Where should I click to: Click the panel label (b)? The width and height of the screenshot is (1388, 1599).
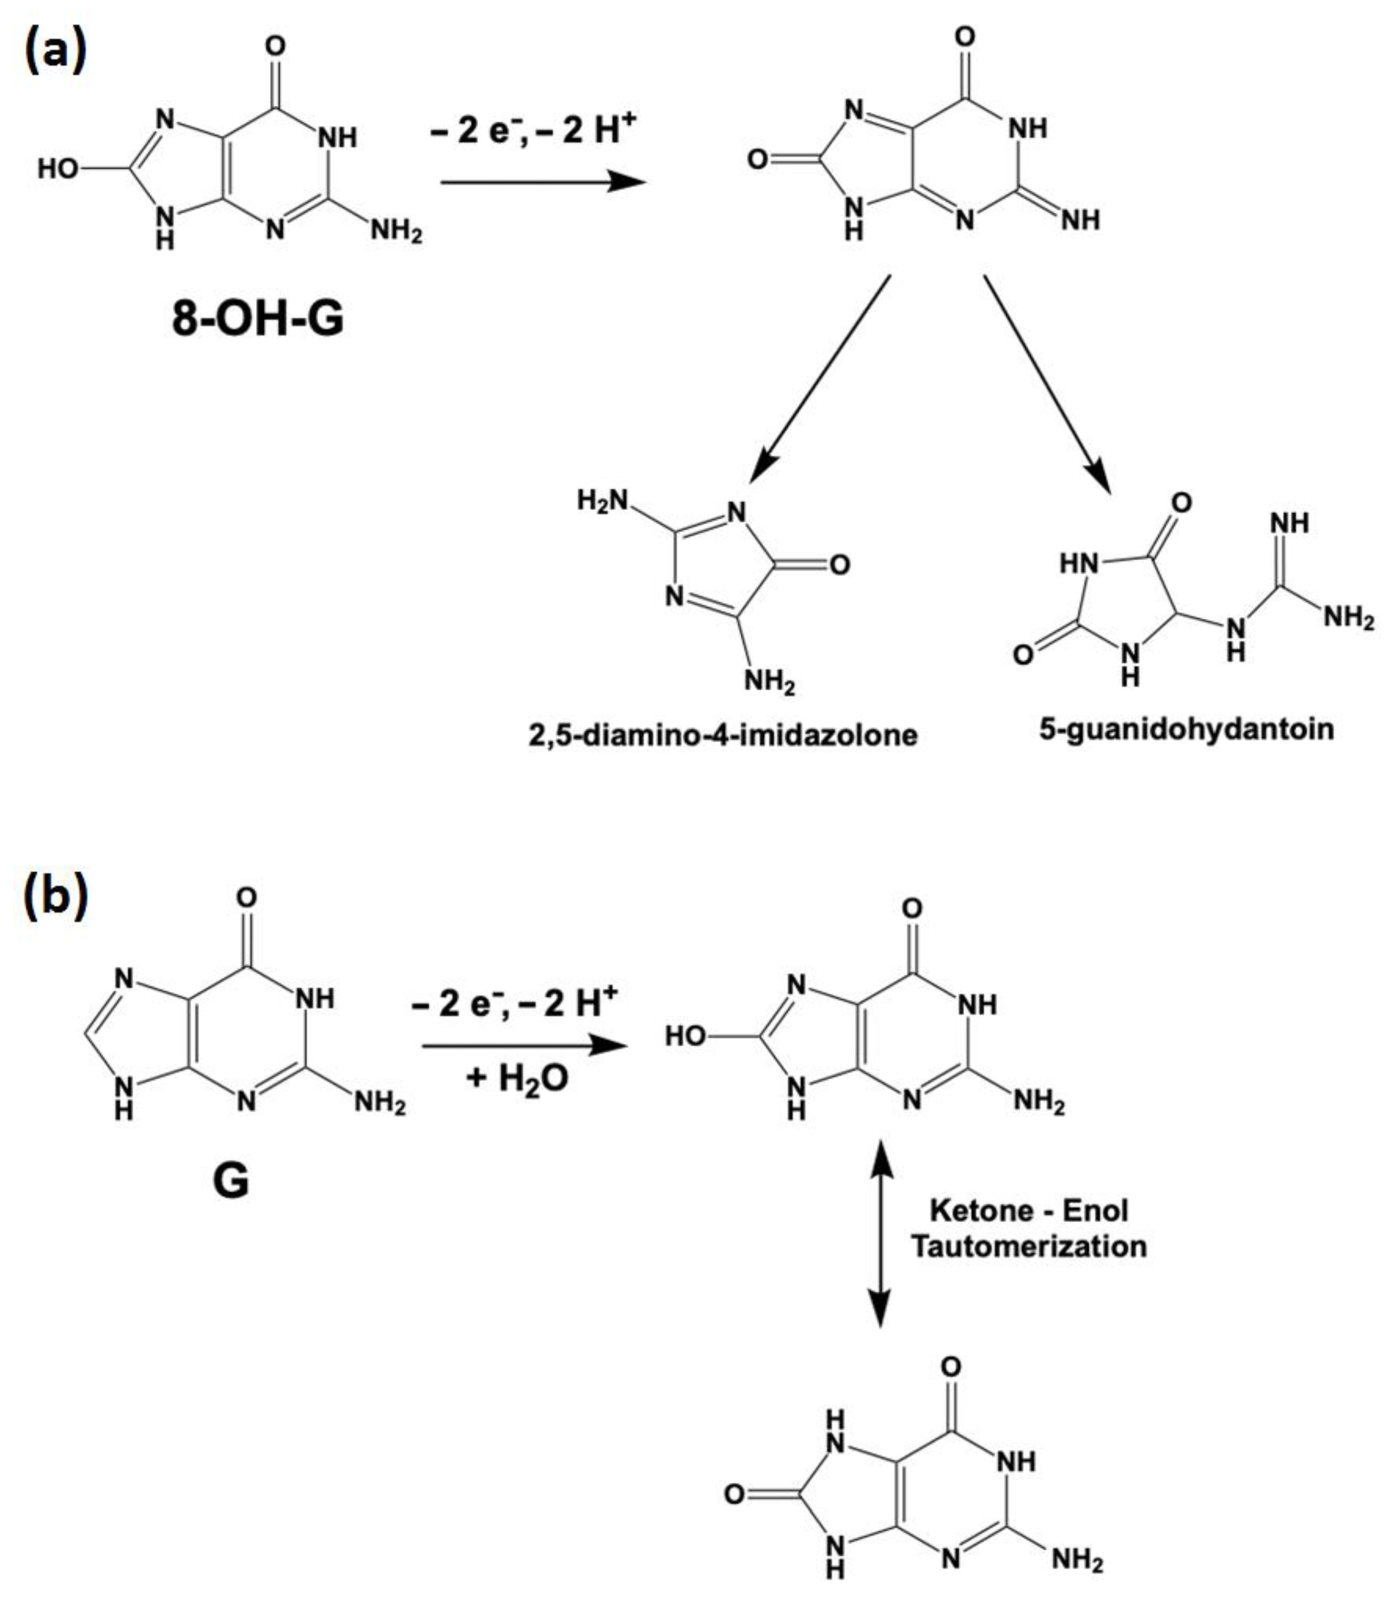coord(56,897)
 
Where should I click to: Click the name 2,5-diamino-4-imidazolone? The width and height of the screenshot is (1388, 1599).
coord(722,734)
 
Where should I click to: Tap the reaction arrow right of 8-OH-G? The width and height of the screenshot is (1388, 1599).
coord(542,182)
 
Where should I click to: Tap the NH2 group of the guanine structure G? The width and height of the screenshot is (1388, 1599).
coord(380,1102)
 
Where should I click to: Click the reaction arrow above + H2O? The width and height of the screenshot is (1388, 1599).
coord(523,1047)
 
